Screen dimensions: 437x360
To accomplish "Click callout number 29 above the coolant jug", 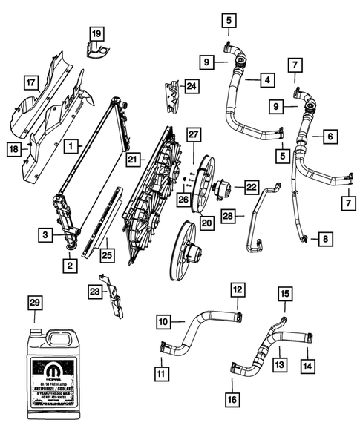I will tap(35, 303).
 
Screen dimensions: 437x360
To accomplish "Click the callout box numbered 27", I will tap(194, 134).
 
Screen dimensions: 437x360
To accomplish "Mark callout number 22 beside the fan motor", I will tap(252, 187).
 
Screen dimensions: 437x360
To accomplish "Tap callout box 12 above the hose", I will tap(237, 289).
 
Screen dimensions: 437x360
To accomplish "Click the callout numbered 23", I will tap(94, 291).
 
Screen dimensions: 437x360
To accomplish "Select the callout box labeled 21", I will tap(133, 159).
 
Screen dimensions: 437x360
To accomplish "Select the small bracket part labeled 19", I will tap(96, 50).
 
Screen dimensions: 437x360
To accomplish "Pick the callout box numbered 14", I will tap(307, 366).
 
